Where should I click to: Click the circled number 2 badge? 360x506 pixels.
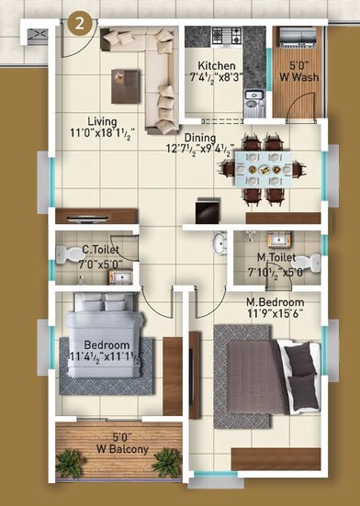81,25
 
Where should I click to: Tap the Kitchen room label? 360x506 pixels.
216,67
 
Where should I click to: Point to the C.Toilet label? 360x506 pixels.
97,249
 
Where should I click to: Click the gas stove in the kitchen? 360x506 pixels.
227,37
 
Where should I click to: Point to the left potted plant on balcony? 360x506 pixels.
69,464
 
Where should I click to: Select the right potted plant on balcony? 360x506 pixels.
166,464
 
